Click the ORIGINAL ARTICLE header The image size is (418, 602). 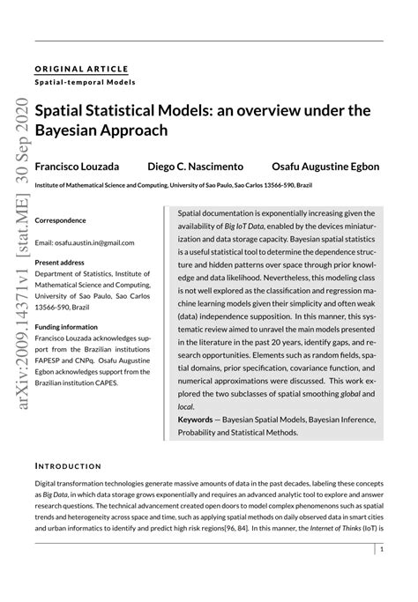point(81,69)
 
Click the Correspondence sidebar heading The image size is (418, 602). point(60,219)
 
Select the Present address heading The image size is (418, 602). point(60,262)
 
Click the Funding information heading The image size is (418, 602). point(67,325)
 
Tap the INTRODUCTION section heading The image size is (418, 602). point(68,465)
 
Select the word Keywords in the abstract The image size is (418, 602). point(195,420)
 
